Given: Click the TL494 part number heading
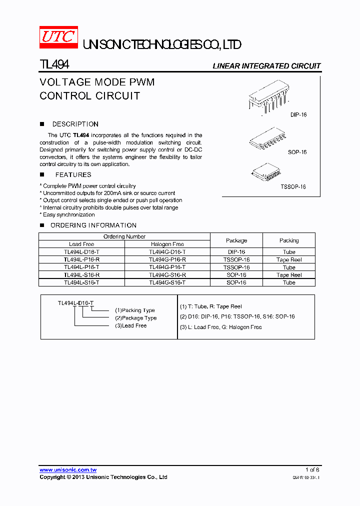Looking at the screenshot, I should click(x=54, y=65).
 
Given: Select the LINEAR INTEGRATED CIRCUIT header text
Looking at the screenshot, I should click(x=266, y=66).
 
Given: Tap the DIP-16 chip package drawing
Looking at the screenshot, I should click(x=266, y=98).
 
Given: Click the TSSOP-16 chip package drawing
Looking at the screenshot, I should click(x=264, y=172).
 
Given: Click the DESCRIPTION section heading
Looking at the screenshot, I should click(x=75, y=124).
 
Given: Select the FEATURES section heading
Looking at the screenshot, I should click(x=73, y=174).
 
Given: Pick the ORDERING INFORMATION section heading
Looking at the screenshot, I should click(x=93, y=225).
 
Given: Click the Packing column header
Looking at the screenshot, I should click(x=289, y=240).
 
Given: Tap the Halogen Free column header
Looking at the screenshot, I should click(x=167, y=244).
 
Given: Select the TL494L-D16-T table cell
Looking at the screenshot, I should click(x=81, y=252).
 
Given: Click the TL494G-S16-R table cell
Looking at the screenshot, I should click(x=167, y=275).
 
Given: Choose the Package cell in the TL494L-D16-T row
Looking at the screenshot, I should click(x=236, y=252).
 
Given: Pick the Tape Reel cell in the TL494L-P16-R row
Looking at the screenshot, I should click(x=289, y=260).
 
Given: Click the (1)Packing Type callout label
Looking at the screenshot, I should click(x=135, y=310).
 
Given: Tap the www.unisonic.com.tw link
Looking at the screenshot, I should click(x=68, y=470).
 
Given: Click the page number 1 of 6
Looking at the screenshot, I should click(x=312, y=469).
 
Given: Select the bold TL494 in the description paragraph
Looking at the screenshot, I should click(x=81, y=135).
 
